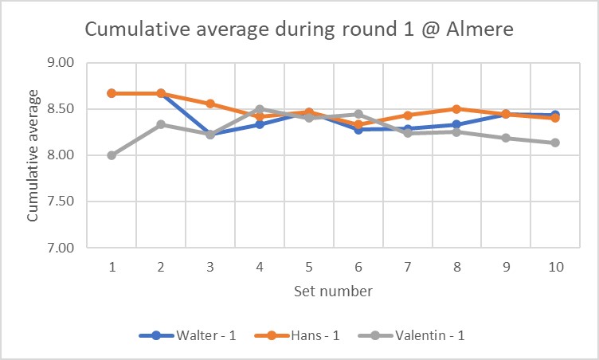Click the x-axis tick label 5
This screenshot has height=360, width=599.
click(309, 268)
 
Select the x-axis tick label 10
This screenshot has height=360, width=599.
click(555, 268)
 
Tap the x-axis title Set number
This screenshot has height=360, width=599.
click(334, 292)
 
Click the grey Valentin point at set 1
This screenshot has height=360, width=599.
click(112, 155)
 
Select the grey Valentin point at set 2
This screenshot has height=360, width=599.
click(161, 124)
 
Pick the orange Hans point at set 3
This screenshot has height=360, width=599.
click(210, 104)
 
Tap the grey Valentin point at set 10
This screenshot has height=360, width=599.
click(555, 143)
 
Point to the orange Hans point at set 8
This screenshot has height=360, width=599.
click(456, 109)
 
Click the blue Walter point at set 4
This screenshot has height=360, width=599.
click(260, 124)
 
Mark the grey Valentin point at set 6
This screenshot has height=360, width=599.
click(358, 115)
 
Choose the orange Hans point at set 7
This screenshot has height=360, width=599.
click(408, 115)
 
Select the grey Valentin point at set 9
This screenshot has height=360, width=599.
click(506, 138)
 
